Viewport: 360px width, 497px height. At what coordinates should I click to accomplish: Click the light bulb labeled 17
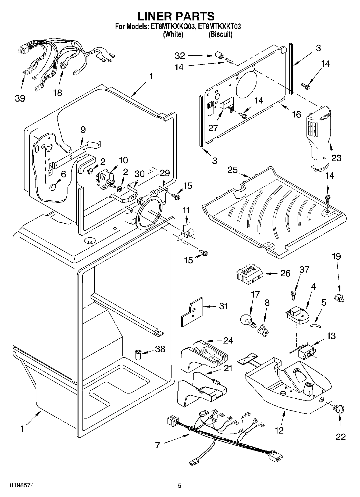pyautogui.click(x=247, y=320)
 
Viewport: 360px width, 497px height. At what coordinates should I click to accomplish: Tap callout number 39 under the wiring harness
pyautogui.click(x=20, y=98)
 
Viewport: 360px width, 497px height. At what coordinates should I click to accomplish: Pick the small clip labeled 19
pyautogui.click(x=339, y=298)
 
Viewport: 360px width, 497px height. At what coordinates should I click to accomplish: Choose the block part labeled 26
pyautogui.click(x=249, y=273)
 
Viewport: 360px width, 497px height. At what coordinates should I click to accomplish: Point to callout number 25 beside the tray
pyautogui.click(x=233, y=170)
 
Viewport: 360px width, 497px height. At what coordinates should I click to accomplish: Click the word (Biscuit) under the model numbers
pyautogui.click(x=220, y=34)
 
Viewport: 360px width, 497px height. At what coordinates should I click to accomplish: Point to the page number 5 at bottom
pyautogui.click(x=180, y=485)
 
